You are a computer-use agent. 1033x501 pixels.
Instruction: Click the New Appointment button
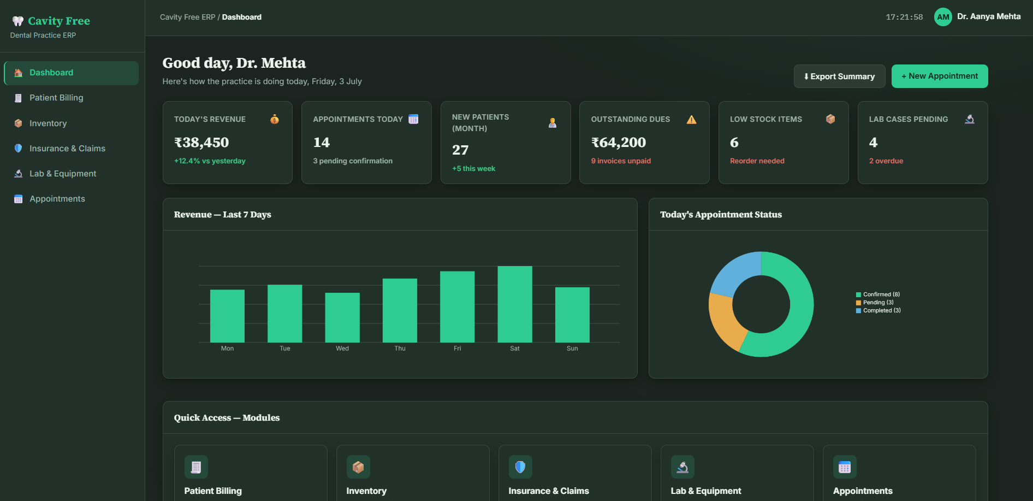(939, 76)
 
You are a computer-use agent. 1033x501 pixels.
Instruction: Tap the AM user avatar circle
(943, 17)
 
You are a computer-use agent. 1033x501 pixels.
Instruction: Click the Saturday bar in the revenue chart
(515, 304)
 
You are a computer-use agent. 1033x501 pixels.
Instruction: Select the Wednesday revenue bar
(342, 317)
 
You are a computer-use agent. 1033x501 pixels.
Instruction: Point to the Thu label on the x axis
(400, 349)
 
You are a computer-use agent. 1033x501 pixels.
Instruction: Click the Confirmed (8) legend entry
(878, 294)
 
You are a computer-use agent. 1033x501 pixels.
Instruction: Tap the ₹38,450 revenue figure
(201, 143)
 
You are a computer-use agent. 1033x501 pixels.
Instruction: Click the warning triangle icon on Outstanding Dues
(692, 120)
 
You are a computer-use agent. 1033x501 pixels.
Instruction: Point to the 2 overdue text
(886, 161)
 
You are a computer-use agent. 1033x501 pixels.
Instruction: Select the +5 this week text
(474, 169)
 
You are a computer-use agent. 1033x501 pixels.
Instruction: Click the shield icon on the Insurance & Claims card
(520, 467)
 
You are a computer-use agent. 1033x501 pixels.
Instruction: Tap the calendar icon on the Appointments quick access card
(845, 467)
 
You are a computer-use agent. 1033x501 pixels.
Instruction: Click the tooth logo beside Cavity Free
(18, 21)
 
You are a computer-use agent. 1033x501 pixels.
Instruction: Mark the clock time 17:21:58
(904, 17)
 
